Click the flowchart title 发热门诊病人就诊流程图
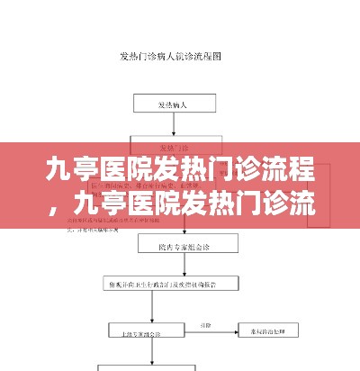(x=170, y=56)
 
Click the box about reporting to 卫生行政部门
(x=169, y=284)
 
